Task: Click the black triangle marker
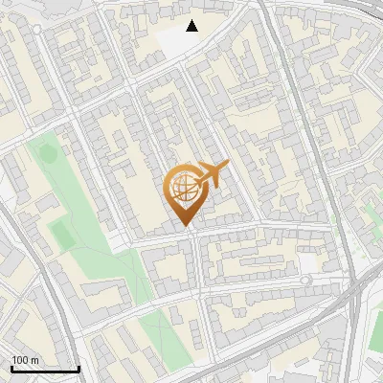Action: [192, 26]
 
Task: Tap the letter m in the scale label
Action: [35, 360]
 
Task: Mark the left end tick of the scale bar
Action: [11, 369]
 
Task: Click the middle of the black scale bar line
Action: [45, 370]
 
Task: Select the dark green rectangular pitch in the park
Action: [61, 233]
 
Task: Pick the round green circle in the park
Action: [42, 151]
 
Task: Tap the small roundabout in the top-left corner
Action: [37, 30]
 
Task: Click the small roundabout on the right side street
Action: [306, 281]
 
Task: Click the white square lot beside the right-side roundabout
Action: [307, 262]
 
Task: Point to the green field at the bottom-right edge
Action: [377, 330]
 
